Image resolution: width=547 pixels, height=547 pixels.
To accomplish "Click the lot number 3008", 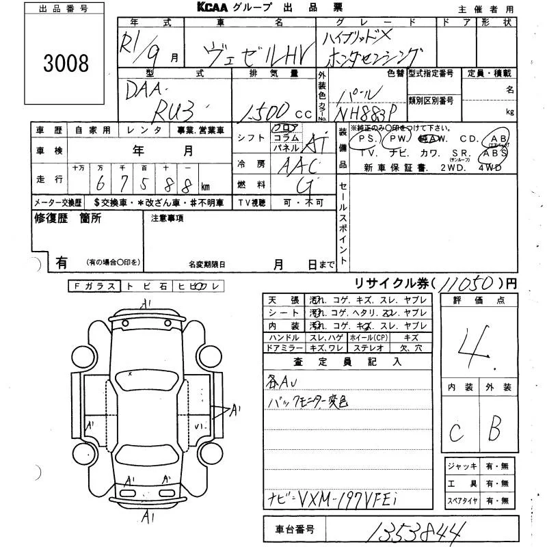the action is (x=66, y=64).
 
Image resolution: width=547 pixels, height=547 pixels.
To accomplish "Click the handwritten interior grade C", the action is (x=455, y=432).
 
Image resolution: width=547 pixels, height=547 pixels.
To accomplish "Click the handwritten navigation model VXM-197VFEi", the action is (x=343, y=501).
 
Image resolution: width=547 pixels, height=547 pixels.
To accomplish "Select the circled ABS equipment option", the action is (x=495, y=153).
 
